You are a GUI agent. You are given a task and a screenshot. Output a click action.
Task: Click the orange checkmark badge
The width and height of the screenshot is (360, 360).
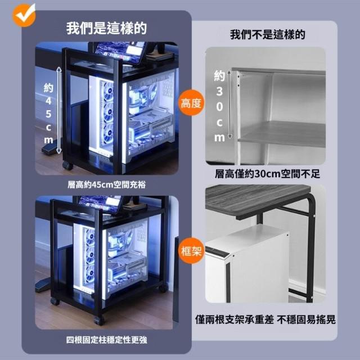click(24, 15)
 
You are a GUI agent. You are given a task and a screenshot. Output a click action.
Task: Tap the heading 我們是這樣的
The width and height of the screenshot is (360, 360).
click(106, 29)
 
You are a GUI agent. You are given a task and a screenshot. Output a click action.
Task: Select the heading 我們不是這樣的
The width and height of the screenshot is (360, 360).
click(268, 35)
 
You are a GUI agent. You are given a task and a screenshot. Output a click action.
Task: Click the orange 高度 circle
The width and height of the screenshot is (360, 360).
click(191, 102)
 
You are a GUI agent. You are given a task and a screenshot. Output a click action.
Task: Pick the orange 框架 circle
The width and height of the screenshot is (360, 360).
click(191, 250)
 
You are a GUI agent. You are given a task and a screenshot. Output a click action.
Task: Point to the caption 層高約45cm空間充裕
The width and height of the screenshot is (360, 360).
click(106, 184)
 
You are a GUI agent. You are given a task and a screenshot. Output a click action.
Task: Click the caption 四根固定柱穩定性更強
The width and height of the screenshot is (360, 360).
click(106, 340)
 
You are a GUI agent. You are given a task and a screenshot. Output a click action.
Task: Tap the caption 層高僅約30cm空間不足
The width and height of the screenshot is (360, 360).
click(268, 174)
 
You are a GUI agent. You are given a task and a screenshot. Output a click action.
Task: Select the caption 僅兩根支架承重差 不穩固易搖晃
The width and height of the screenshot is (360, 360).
click(265, 319)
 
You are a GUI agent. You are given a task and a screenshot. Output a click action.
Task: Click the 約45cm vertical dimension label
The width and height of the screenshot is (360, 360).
click(48, 114)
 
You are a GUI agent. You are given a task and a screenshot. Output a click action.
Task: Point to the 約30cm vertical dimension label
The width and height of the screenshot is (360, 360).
click(219, 106)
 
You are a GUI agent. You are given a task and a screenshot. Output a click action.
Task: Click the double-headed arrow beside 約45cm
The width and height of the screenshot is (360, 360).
click(59, 110)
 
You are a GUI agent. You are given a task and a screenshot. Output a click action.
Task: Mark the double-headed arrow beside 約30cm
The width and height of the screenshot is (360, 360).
click(229, 105)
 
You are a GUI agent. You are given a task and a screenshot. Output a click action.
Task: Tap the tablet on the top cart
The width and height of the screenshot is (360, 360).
click(120, 52)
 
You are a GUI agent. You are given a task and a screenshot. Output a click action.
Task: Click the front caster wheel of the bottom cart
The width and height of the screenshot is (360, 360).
click(99, 319)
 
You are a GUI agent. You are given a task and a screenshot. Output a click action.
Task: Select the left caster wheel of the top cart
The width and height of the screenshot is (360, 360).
click(67, 165)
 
